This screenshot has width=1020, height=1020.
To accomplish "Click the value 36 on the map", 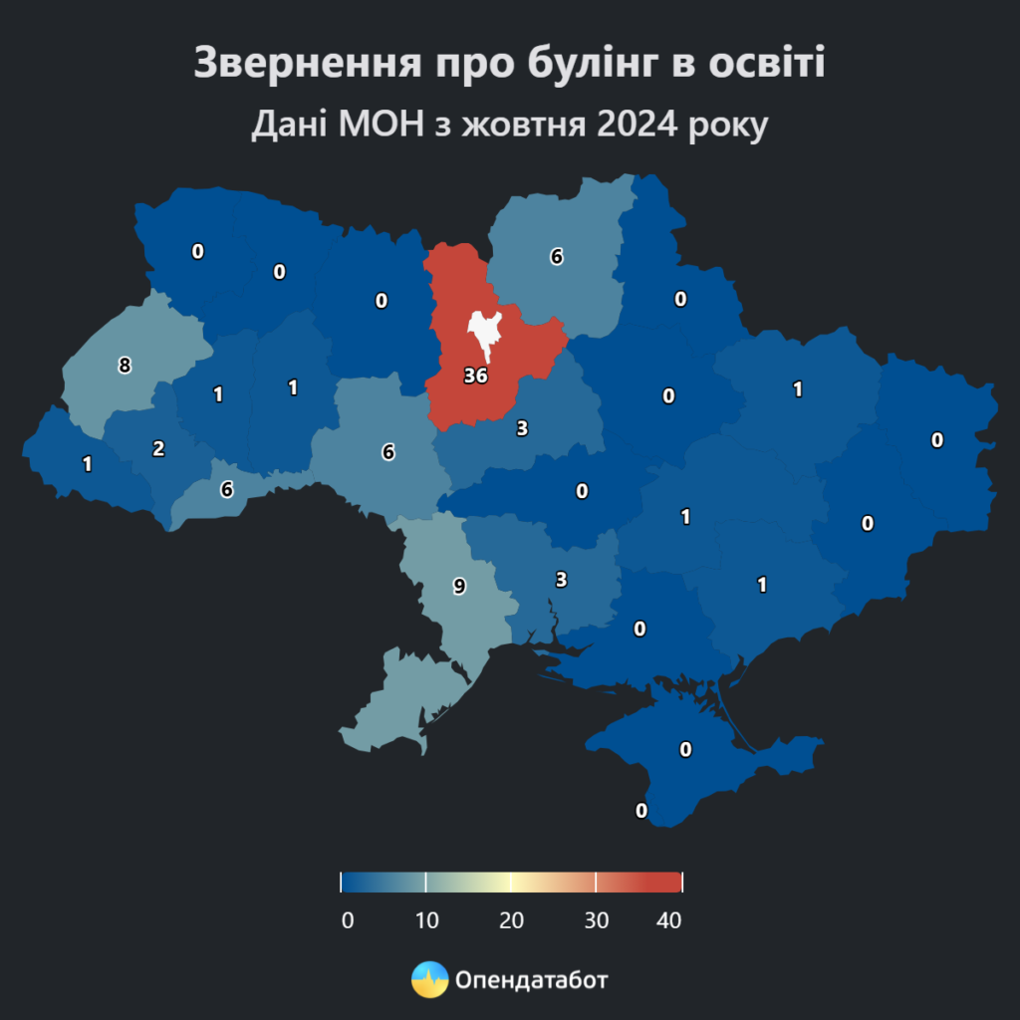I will click(475, 377).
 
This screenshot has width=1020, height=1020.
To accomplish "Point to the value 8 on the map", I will click(125, 366).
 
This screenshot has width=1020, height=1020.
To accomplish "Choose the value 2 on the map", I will click(158, 448).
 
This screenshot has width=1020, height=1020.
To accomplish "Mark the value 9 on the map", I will click(459, 586).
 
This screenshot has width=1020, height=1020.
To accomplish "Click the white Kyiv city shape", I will click(486, 333).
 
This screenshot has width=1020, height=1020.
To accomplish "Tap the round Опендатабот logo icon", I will click(429, 980).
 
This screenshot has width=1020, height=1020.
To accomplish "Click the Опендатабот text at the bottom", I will click(531, 980).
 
